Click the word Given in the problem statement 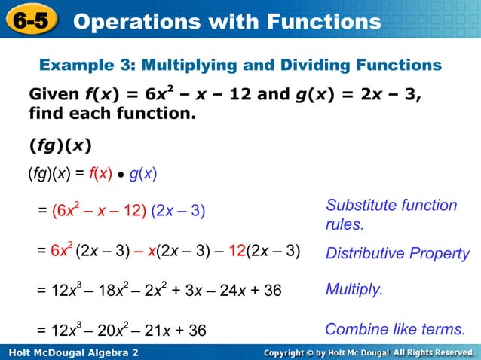click(x=53, y=96)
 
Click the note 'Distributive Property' click(x=397, y=253)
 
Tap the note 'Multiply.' click(x=354, y=289)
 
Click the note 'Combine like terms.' click(x=395, y=330)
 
